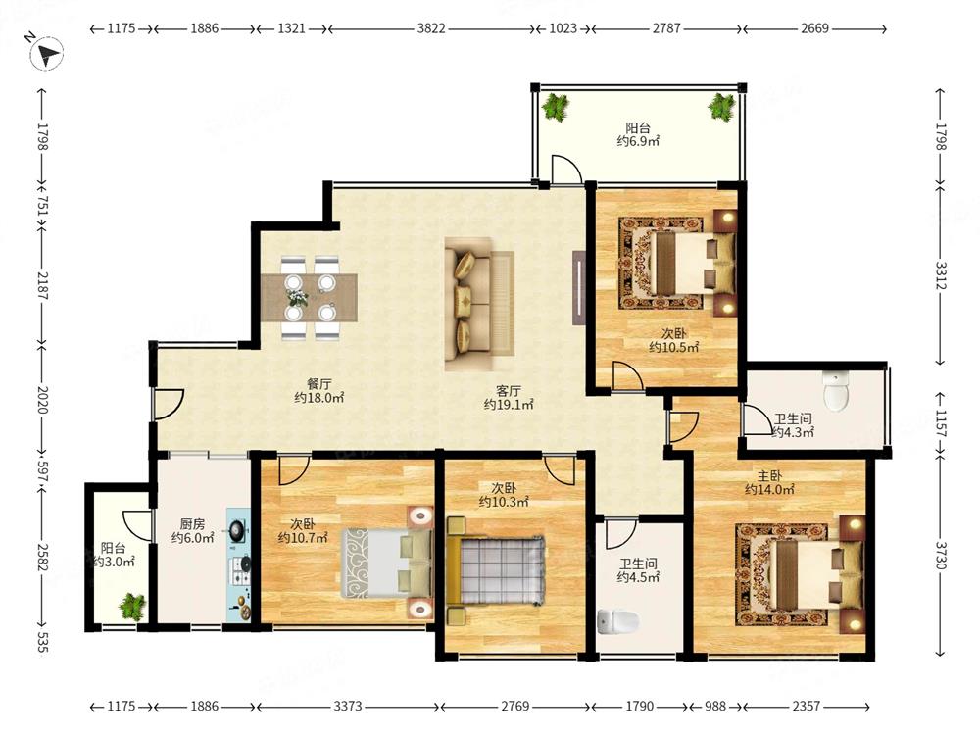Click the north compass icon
click(x=47, y=53)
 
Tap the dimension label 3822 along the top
click(x=431, y=28)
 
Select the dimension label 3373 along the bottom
click(x=348, y=707)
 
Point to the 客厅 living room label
click(x=508, y=391)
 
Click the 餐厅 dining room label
click(x=318, y=384)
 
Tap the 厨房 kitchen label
click(x=192, y=523)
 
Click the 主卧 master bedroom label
click(x=769, y=476)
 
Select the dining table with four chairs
click(x=310, y=298)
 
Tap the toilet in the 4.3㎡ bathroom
click(x=836, y=392)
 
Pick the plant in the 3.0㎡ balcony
click(x=132, y=605)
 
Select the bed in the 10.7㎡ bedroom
click(x=387, y=563)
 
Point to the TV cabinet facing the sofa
click(x=579, y=288)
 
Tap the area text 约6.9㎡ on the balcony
click(x=638, y=141)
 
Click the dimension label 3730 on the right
click(x=941, y=555)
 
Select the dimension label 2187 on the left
click(x=42, y=285)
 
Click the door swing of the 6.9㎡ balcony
click(x=566, y=169)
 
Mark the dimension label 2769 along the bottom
click(x=515, y=707)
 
